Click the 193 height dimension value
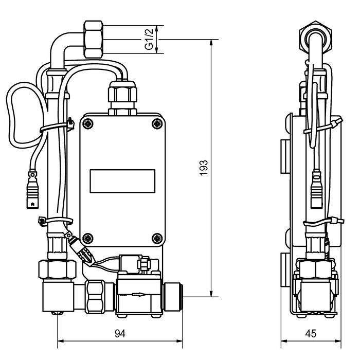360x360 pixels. [204, 168]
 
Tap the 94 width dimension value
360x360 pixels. [120, 334]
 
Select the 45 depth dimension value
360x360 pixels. [311, 334]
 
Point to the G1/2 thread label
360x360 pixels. [149, 39]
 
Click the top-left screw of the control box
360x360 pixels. [88, 124]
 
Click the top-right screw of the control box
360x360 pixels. [157, 124]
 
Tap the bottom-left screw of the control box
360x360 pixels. [88, 238]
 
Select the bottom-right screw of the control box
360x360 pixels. [157, 238]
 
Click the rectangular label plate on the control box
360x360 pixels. [122, 181]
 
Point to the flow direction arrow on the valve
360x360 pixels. [139, 294]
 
